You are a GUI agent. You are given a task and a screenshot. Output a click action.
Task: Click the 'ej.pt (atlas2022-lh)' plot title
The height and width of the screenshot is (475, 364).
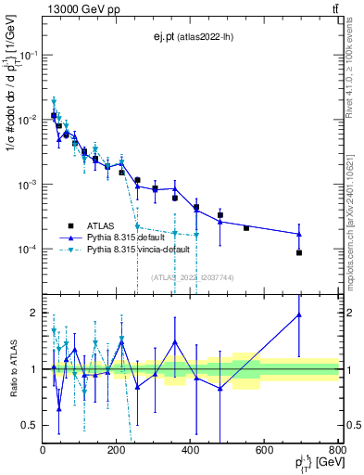pos(192,36)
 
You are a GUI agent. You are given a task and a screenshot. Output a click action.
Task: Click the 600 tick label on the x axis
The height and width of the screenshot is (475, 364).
pos(265,451)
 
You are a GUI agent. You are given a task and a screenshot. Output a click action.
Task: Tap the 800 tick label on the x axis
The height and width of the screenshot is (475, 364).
pos(337,451)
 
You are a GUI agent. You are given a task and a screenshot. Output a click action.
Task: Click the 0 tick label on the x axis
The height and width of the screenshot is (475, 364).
pos(44,451)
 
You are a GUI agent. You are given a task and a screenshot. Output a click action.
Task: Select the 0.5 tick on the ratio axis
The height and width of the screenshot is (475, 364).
pos(31,425)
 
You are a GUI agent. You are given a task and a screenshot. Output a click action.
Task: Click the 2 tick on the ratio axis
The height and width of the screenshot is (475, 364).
pos(36,313)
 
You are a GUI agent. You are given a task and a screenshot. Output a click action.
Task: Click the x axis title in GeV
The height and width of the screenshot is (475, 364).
pos(316,463)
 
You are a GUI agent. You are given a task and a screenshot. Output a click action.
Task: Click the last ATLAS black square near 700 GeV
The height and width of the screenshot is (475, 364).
pos(299,252)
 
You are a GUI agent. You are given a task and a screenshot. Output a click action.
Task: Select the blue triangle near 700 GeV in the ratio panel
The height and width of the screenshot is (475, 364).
pos(299,315)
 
